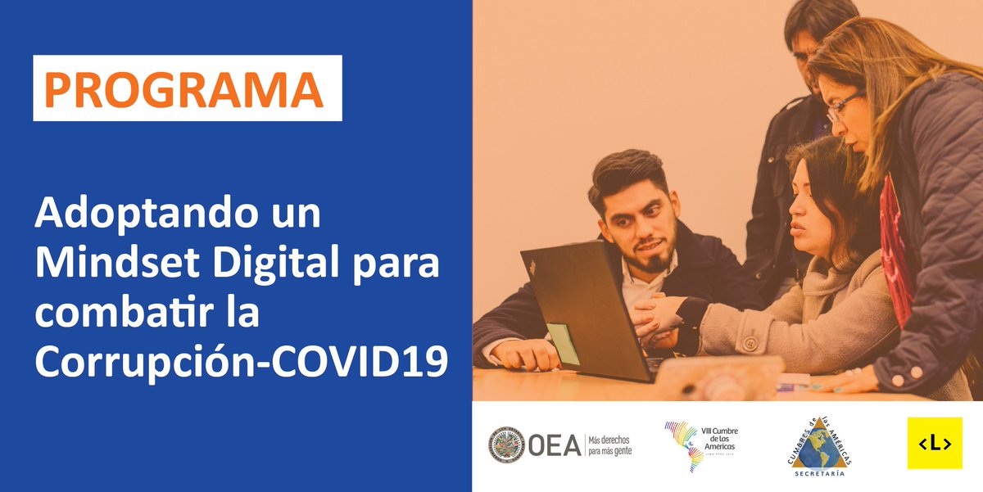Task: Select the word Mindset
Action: click(111, 264)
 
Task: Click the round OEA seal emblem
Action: click(506, 445)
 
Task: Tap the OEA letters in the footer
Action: click(554, 445)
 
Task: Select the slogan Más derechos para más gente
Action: click(609, 445)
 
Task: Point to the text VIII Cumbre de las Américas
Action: click(720, 438)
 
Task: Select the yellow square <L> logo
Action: click(934, 444)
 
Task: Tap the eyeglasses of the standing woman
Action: click(842, 106)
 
